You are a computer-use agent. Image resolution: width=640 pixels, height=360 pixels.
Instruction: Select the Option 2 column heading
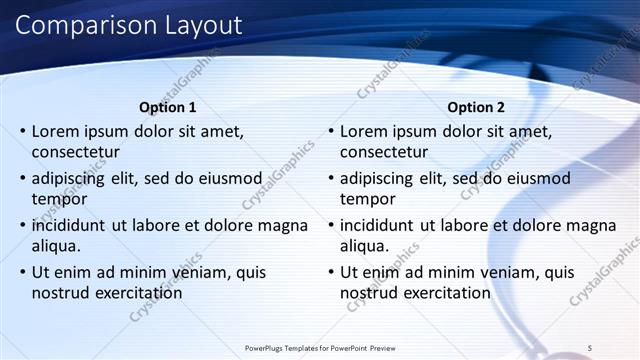(x=475, y=107)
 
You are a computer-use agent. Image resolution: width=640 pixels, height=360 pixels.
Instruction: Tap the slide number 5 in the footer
(x=590, y=347)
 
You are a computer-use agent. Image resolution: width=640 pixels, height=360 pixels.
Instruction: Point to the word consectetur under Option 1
(x=76, y=153)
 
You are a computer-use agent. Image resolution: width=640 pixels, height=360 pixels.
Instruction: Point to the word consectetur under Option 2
(x=384, y=153)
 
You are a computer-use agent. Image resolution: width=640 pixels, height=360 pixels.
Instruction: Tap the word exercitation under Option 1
(x=139, y=293)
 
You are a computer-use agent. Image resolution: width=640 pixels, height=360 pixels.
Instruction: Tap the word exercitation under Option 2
(x=447, y=293)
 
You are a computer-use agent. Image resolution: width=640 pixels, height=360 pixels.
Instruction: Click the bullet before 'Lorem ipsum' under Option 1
(x=22, y=131)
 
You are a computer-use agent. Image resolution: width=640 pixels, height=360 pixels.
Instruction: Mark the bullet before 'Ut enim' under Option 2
(x=330, y=272)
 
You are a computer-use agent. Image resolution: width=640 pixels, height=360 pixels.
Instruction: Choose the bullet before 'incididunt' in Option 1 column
(x=22, y=225)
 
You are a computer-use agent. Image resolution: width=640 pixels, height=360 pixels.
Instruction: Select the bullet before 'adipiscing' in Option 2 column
(x=330, y=178)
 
